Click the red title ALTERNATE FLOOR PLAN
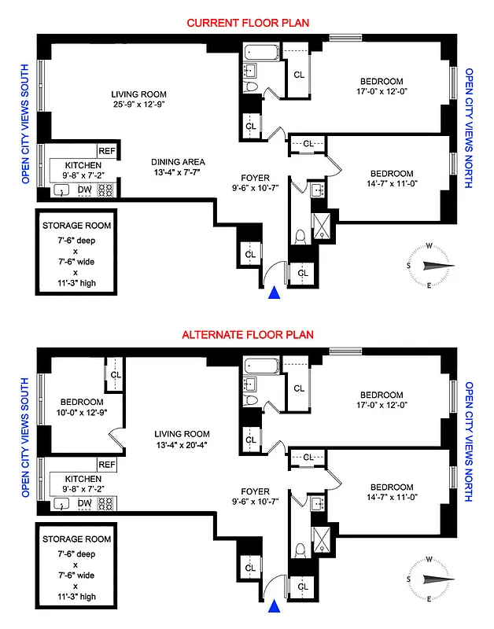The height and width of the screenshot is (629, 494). pos(247,334)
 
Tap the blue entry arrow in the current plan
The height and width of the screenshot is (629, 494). pos(275,293)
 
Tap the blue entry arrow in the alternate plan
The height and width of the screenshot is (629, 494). pos(275,606)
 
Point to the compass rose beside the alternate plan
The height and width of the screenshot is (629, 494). pos(428,579)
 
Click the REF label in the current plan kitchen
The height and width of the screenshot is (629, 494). pos(107,151)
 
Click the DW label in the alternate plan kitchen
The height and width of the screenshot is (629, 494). pos(85,503)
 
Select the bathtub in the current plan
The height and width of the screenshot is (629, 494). pos(258,54)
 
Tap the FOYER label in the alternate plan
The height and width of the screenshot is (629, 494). pos(252,491)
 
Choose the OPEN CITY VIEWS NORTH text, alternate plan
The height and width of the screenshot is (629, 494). pos(470,442)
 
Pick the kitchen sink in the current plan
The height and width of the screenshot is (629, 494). pos(61,190)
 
